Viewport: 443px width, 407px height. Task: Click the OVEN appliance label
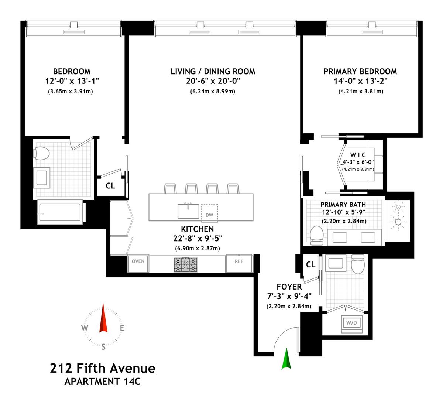(138, 261)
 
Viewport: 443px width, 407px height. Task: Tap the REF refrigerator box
(239, 263)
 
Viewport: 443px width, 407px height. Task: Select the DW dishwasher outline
(209, 213)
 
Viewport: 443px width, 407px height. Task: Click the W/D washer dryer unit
(351, 324)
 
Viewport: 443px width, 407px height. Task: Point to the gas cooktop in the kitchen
(185, 264)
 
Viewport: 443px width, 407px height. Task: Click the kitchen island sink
(188, 211)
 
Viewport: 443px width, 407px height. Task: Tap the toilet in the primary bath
(317, 236)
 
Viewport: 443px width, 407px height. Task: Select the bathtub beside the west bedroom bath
(60, 212)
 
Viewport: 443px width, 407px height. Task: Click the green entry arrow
(286, 359)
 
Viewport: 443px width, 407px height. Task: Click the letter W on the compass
(85, 328)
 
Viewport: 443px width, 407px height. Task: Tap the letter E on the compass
(122, 328)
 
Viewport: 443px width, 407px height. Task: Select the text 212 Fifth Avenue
(103, 368)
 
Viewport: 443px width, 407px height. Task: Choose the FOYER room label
(289, 287)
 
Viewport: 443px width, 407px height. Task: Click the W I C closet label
(358, 155)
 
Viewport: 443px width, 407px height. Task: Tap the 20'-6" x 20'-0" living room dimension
(213, 81)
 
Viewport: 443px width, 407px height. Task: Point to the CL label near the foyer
(310, 264)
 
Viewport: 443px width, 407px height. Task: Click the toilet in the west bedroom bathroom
(41, 153)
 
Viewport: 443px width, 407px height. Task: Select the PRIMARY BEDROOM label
(360, 72)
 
